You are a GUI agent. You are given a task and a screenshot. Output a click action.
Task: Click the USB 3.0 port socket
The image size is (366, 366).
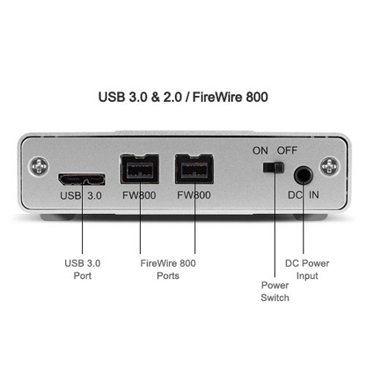coord(82,180)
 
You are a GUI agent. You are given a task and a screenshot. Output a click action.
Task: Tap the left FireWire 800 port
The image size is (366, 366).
coord(140,168)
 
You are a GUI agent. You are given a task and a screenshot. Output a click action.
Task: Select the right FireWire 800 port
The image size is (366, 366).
coord(194,168)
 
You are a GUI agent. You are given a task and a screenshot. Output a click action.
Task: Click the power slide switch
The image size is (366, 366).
coord(273,168)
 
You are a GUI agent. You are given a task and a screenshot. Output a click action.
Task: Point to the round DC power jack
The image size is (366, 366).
coord(303,175)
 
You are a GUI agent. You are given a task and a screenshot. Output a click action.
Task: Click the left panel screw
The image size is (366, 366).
coord(39,166)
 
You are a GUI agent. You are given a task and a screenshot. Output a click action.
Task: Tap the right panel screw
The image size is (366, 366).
coord(329,166)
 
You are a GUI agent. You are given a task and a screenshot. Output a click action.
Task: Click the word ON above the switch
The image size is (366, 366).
coord(260,150)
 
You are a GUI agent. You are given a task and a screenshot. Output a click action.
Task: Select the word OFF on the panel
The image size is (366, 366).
coord(287,150)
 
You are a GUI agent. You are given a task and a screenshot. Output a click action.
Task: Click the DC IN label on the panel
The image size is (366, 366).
coord(303,194)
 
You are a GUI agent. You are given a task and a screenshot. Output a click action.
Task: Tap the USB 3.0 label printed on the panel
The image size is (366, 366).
coord(81,195)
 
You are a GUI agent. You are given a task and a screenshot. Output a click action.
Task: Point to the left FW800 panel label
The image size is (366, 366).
coord(139,195)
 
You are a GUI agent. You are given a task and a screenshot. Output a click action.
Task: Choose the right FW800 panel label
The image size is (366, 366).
coord(194,195)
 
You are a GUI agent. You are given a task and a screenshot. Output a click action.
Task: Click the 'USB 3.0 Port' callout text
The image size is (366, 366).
coord(82,269)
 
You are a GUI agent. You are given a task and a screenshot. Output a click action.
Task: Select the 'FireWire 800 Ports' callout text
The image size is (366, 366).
coord(168,269)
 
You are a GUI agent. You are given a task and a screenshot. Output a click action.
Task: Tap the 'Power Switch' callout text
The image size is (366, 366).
coord(275,291)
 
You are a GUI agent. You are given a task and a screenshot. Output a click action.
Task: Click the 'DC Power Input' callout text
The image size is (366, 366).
coord(307,269)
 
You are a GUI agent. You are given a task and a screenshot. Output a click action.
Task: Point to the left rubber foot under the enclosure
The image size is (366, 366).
coord(58,217)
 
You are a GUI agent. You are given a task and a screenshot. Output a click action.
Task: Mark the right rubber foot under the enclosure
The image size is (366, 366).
coord(310,217)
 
